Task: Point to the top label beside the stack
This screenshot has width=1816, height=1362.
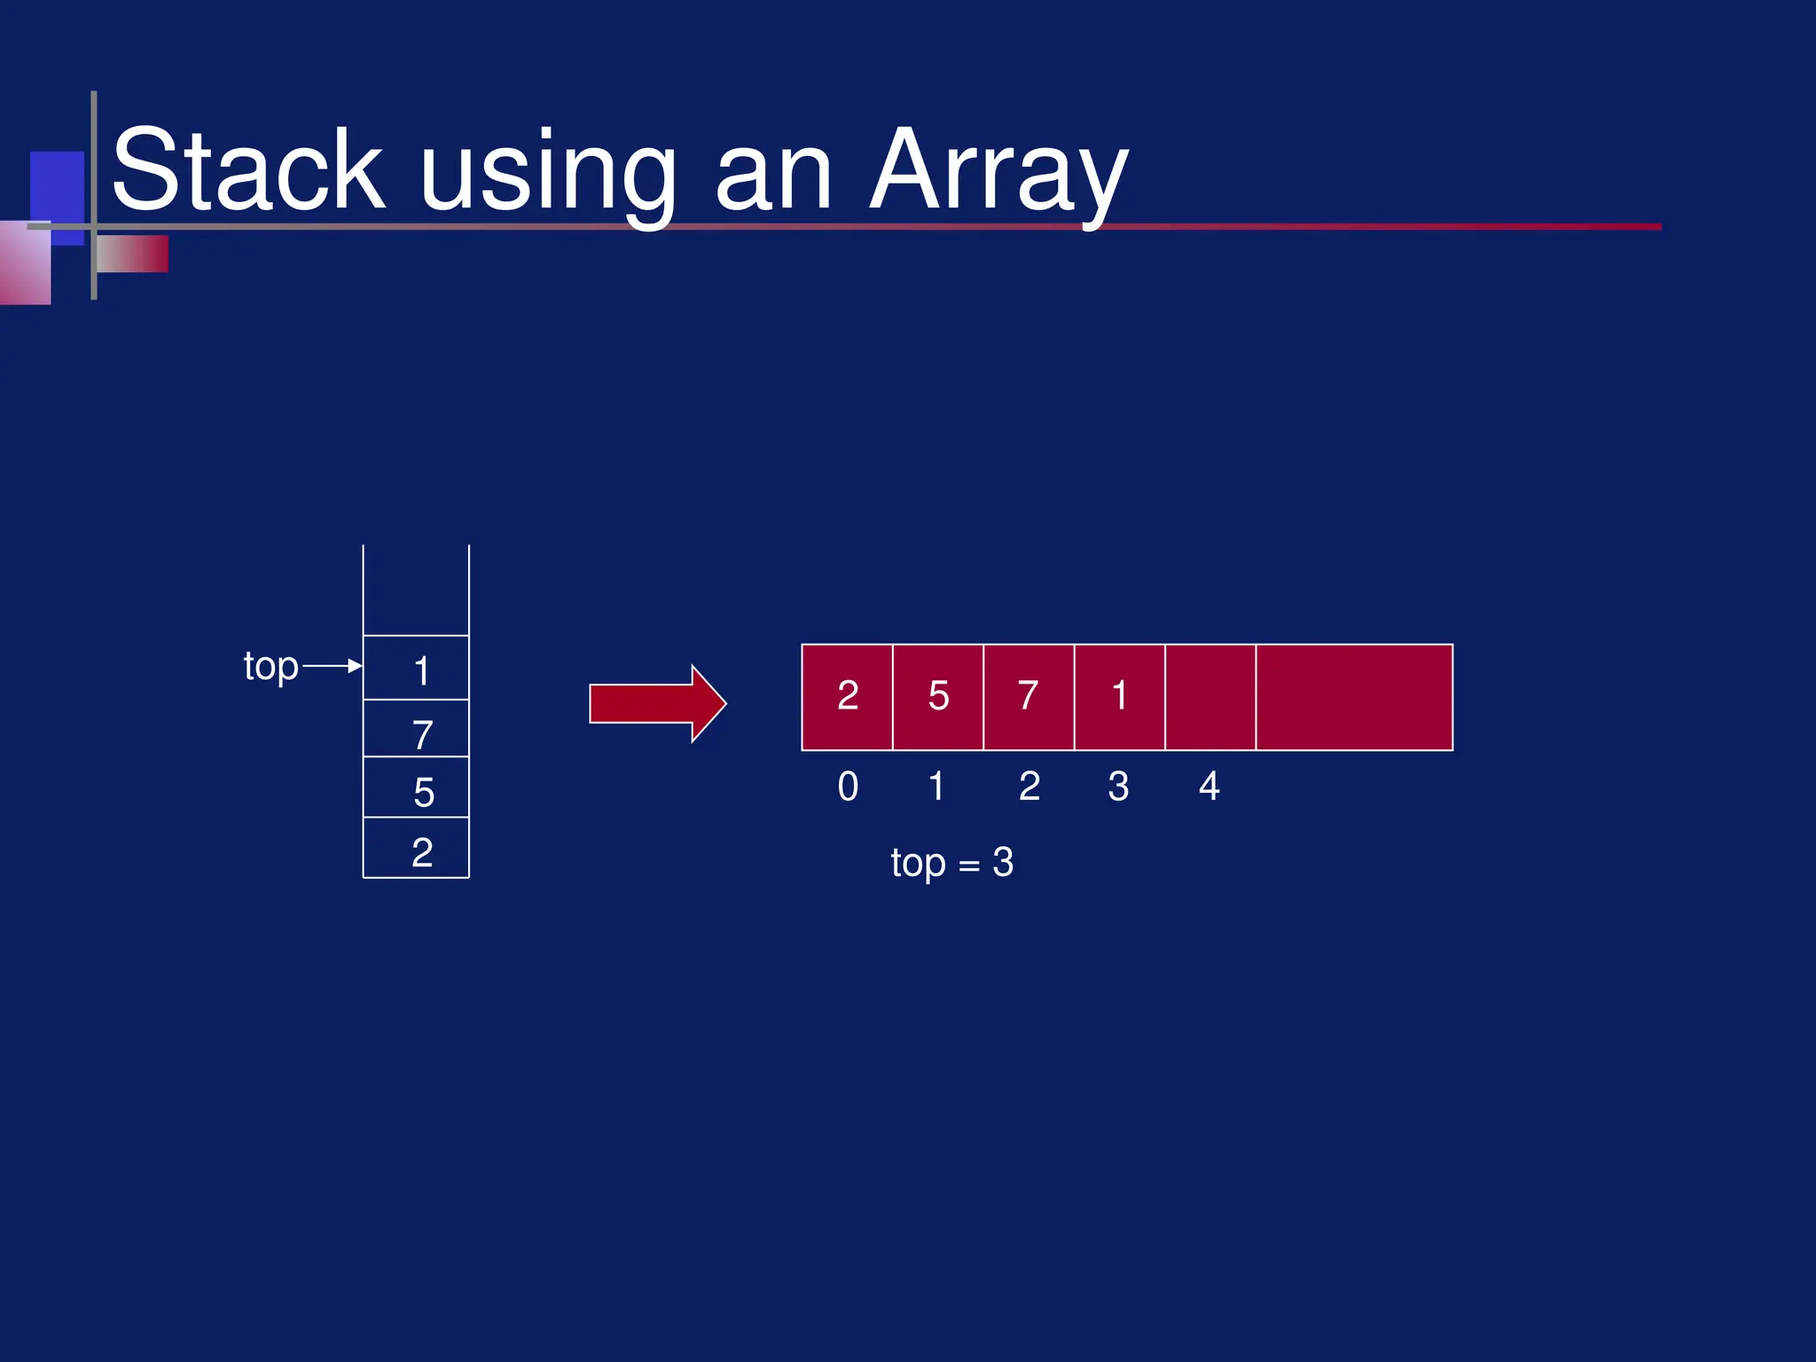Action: [x=270, y=667]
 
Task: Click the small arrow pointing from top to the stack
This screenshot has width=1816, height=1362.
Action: [x=333, y=666]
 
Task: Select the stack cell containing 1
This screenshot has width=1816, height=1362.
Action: [x=416, y=669]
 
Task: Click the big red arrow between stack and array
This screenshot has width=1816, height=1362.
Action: [x=657, y=704]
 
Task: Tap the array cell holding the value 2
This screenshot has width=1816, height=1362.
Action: [x=847, y=697]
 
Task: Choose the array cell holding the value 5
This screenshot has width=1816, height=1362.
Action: [x=938, y=697]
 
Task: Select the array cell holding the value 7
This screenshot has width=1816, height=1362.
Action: [x=1029, y=697]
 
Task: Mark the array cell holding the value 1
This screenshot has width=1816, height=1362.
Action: [x=1119, y=697]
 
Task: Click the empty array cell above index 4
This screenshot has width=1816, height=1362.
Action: [x=1210, y=697]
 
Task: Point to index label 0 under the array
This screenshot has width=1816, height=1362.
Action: [x=848, y=787]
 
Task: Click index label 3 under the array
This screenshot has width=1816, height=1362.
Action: [x=1118, y=787]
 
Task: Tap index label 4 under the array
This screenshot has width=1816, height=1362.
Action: [x=1209, y=787]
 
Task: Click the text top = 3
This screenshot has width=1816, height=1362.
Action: [x=951, y=863]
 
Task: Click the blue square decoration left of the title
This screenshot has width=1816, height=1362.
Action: [x=57, y=186]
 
